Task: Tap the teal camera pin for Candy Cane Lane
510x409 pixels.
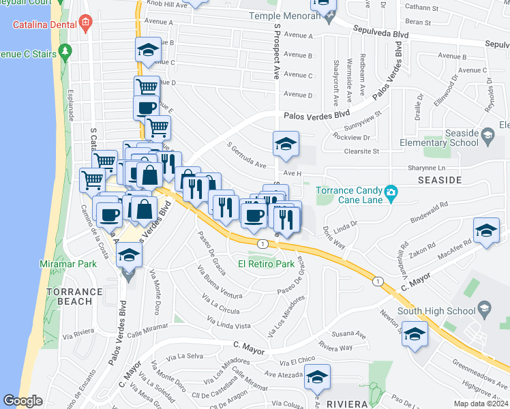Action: point(390,192)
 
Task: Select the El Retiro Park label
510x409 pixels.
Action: point(265,263)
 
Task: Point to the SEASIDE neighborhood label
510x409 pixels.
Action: point(435,180)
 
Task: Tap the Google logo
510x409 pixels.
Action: point(22,401)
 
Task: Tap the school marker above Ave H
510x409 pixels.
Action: point(286,143)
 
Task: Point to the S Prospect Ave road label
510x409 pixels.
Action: point(277,51)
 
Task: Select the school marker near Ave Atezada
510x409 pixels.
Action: point(317,376)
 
